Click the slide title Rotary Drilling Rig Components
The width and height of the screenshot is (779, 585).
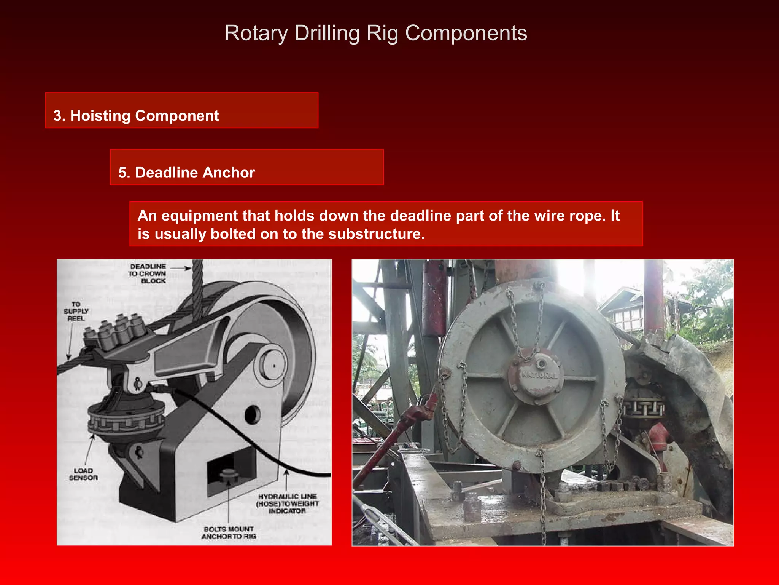[x=376, y=33]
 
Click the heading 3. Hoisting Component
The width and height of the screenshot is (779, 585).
[x=136, y=116]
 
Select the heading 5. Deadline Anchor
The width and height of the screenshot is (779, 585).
[x=186, y=173]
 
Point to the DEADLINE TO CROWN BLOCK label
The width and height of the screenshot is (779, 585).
[x=147, y=273]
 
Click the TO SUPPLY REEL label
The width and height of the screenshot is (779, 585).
[x=76, y=311]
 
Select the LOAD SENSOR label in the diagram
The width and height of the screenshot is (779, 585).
[x=83, y=474]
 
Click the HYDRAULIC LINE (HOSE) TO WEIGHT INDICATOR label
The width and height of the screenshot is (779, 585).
[x=287, y=503]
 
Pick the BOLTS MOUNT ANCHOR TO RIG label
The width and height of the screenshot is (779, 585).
[x=229, y=532]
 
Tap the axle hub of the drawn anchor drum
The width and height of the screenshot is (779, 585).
[x=273, y=365]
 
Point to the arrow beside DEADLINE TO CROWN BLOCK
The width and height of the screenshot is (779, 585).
[x=181, y=268]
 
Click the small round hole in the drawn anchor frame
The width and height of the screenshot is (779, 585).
[x=252, y=414]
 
